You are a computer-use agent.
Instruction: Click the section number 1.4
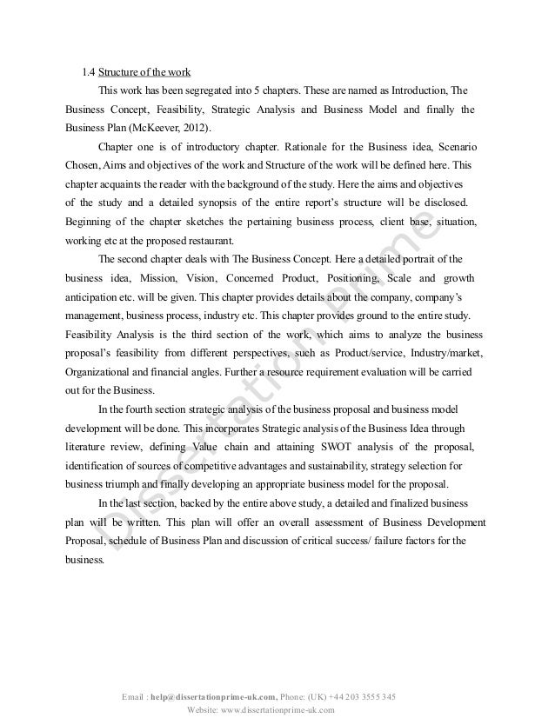[86, 70]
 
